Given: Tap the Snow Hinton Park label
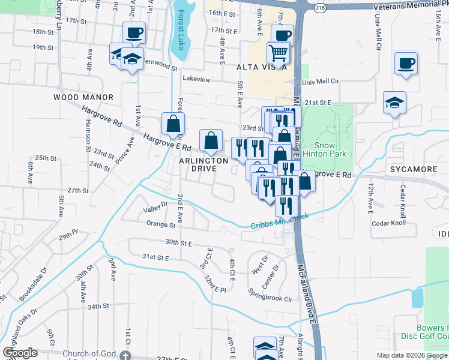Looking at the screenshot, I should tap(333, 149).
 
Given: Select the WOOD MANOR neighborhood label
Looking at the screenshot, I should tap(83, 97).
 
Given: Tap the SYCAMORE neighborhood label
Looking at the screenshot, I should tap(414, 169).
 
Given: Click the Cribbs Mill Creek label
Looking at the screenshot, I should tap(280, 221).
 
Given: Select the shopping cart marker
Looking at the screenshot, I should tap(279, 52).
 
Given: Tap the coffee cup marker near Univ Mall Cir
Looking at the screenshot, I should tap(406, 62).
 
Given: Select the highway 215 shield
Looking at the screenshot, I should tap(320, 7).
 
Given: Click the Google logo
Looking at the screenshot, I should tap(20, 352).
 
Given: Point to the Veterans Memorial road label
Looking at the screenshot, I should tap(410, 7).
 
